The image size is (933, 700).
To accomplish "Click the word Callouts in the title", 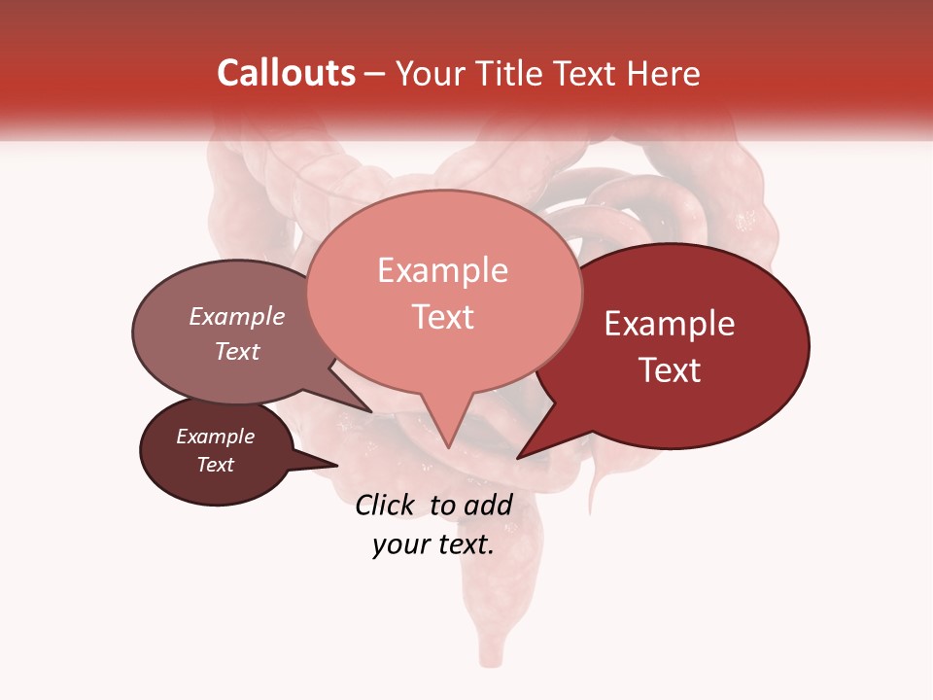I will click(x=286, y=73).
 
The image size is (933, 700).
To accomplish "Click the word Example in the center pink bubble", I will click(x=442, y=270).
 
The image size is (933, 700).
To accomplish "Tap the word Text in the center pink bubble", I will click(x=442, y=317).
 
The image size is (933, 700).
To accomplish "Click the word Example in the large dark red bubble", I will click(x=670, y=324).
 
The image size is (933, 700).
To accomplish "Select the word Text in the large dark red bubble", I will click(x=670, y=370).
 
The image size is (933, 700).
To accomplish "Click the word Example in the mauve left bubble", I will click(x=237, y=316).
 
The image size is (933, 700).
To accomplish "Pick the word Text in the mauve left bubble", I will click(x=237, y=351).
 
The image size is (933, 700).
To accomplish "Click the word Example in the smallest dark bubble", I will click(x=215, y=437).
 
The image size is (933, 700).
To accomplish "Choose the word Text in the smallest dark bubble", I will click(x=215, y=465).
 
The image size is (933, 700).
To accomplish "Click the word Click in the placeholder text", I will click(x=385, y=505).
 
